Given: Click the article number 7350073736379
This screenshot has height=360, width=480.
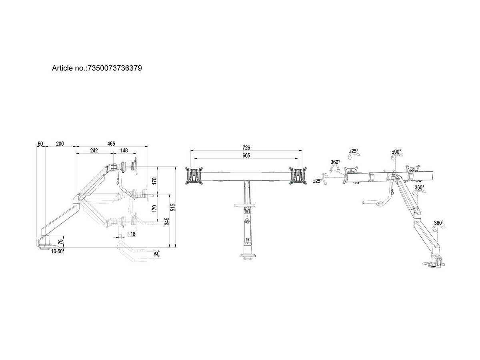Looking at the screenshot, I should [114, 68].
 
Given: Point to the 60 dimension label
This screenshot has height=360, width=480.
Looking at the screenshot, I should [40, 143].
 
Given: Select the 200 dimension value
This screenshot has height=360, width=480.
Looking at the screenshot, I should [60, 143].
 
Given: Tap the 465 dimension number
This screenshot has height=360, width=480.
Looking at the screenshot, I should [111, 143].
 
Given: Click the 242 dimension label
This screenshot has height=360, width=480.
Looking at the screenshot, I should [94, 150].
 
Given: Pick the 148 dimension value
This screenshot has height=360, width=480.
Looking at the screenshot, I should [124, 150].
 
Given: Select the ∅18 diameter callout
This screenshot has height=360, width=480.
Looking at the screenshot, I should [130, 234].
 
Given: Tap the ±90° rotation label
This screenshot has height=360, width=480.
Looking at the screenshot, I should [396, 152].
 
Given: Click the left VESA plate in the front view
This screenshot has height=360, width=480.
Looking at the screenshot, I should [195, 176].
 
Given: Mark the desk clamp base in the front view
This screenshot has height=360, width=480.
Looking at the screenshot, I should [248, 256].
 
